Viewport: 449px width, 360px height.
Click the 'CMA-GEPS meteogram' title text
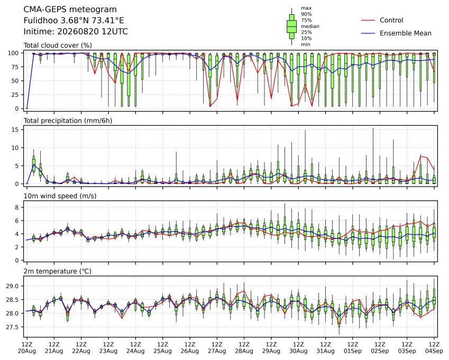[70, 10]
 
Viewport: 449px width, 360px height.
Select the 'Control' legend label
[391, 20]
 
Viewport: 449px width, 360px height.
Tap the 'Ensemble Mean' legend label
[406, 33]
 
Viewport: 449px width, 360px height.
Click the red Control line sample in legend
[368, 20]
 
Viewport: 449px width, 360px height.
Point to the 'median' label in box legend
[310, 26]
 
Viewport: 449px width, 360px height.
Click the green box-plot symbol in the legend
[291, 26]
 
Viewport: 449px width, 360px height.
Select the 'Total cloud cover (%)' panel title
[58, 45]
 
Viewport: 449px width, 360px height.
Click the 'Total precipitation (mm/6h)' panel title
[68, 121]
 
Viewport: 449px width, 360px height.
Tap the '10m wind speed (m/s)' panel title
[60, 196]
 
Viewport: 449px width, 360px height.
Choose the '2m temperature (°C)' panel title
[57, 271]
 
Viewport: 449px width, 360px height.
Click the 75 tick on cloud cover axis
[15, 67]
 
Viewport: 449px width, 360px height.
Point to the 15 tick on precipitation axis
[15, 130]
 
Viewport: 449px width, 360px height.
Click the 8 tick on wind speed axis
[17, 207]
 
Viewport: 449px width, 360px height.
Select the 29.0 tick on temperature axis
[12, 286]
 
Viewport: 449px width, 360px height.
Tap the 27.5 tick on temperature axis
[12, 327]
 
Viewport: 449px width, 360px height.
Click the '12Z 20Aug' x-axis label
[27, 347]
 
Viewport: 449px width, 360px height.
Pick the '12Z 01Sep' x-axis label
[353, 347]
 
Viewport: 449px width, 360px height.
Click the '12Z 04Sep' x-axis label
[434, 347]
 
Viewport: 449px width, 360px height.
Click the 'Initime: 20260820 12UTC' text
[76, 32]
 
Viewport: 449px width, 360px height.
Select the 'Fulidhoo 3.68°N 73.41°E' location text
[74, 21]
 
